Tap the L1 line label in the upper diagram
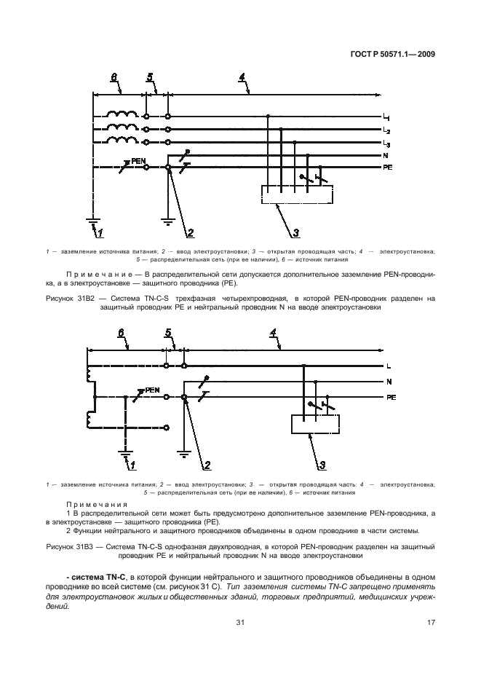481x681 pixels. (x=386, y=117)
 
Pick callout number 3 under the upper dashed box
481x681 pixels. (x=295, y=233)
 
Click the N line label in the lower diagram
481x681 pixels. (x=389, y=382)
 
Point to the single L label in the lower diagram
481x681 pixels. (x=389, y=366)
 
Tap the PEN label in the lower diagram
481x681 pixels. (x=152, y=390)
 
